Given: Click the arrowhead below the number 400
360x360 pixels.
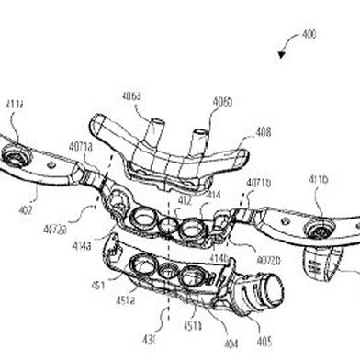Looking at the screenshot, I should pyautogui.click(x=297, y=55).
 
